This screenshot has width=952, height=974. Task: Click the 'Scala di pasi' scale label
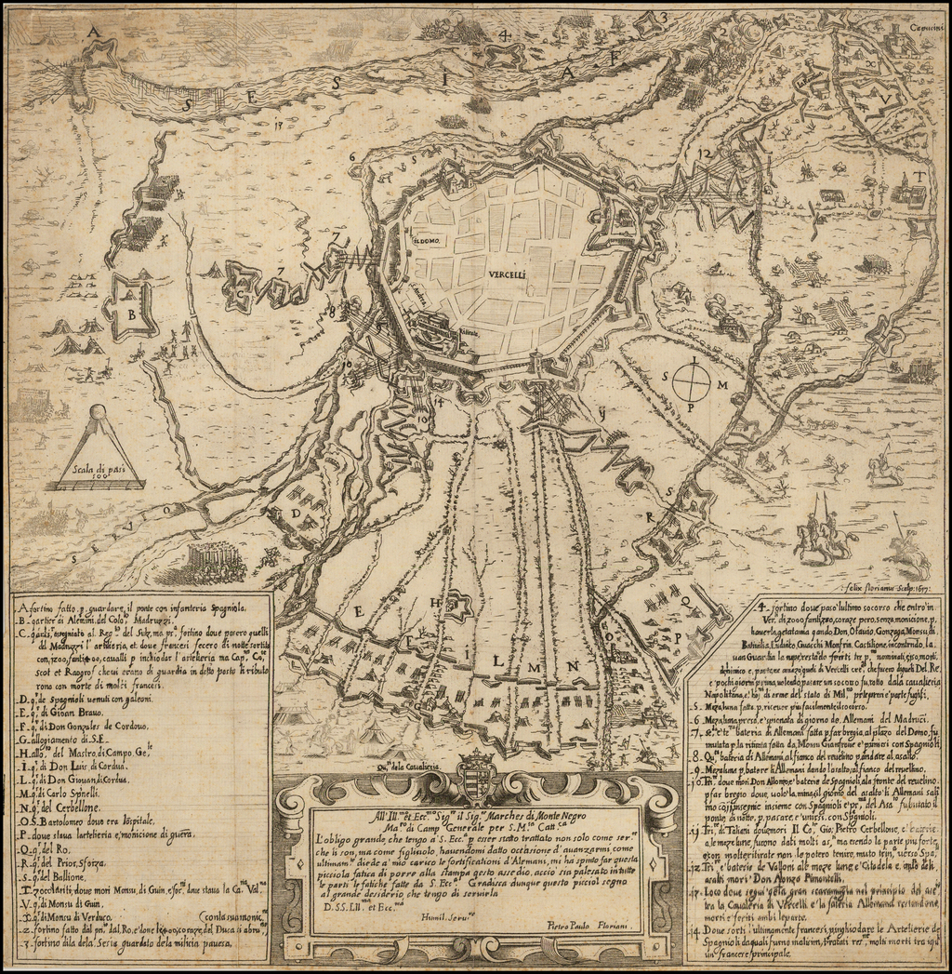click(99, 471)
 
